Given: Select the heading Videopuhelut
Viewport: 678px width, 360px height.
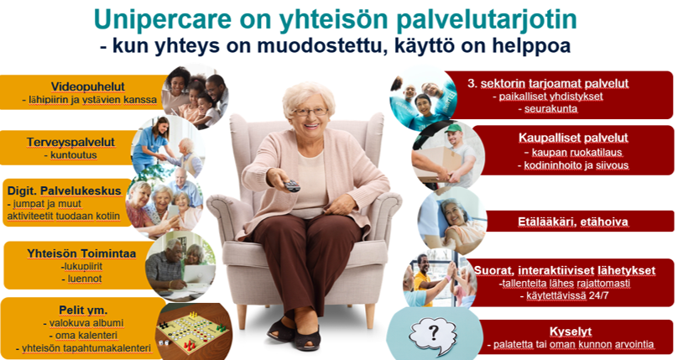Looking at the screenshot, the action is coord(88,86).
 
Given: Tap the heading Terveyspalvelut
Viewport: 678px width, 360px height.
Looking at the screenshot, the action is coord(71,142).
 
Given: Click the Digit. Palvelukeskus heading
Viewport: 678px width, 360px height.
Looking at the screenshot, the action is coord(64,191).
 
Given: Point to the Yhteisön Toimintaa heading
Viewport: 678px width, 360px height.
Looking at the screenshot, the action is coord(81,253).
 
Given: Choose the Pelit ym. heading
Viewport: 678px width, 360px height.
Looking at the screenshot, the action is coord(83,310).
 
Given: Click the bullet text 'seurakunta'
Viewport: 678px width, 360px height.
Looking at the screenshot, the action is coord(550,108).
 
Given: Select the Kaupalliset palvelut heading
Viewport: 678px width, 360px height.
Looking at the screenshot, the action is coord(573,138).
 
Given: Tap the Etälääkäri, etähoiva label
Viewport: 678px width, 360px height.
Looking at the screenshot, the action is coord(573,222).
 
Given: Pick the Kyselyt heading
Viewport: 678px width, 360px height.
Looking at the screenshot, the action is coord(571,332).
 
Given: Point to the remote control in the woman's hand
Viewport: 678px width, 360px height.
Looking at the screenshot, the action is coord(292,185).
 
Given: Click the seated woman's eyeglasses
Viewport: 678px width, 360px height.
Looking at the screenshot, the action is coord(310,112).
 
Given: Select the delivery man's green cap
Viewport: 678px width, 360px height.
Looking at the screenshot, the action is coord(453,128).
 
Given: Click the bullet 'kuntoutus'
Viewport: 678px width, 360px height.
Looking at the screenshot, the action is coord(74,154).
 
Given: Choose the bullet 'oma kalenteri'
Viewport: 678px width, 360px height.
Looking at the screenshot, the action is coord(86,336).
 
